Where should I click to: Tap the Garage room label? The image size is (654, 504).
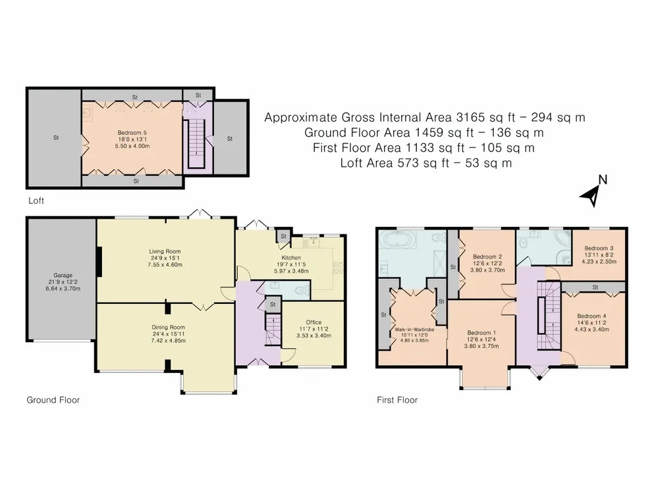[63, 276]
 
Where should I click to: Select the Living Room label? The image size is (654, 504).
[165, 251]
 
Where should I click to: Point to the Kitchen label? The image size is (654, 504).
[291, 257]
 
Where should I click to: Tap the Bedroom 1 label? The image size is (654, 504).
[479, 332]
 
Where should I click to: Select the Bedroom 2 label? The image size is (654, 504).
[488, 256]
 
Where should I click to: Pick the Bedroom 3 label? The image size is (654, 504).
[599, 248]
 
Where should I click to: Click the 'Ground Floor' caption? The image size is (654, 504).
[53, 399]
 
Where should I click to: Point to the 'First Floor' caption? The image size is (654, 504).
[396, 399]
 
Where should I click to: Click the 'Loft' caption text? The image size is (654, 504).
[36, 200]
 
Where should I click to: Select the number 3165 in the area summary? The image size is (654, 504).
[470, 118]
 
